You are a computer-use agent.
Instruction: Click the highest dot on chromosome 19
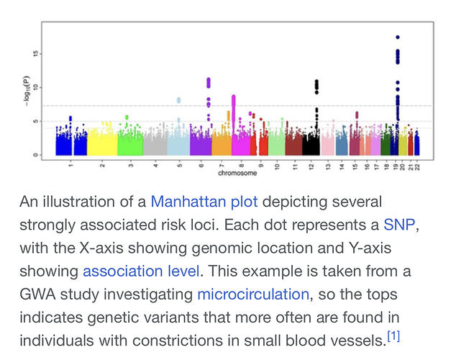click(398, 37)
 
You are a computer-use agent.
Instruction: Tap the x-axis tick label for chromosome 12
click(311, 166)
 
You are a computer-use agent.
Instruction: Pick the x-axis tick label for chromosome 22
click(416, 166)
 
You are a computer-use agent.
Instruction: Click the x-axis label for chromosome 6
click(201, 166)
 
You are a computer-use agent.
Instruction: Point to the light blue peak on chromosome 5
click(178, 100)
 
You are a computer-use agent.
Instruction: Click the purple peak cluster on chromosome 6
click(209, 83)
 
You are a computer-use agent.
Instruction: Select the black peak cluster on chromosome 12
click(316, 86)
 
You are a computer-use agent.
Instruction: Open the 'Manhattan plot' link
click(204, 201)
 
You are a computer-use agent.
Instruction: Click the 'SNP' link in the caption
click(399, 224)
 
